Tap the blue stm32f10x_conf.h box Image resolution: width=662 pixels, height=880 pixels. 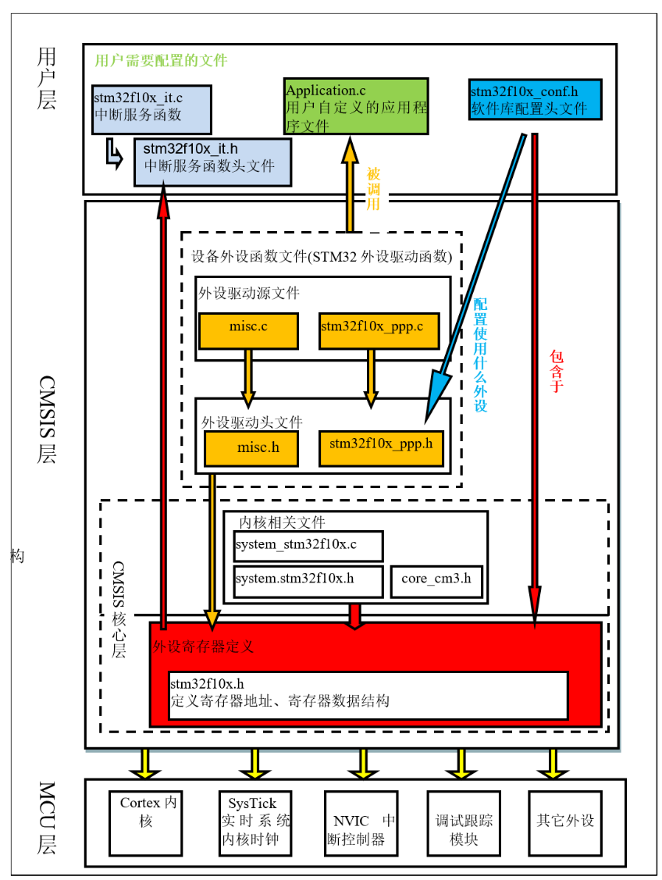(536, 100)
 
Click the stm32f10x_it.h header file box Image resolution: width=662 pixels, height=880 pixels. (212, 162)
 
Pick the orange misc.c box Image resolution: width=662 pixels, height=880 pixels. (248, 330)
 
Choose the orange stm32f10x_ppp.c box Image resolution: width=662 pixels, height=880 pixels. (379, 330)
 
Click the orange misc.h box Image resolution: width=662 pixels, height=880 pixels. (251, 448)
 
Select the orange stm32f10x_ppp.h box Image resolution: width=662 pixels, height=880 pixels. (381, 448)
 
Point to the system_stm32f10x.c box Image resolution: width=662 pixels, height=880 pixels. (308, 546)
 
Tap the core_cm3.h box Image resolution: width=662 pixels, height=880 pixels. (436, 581)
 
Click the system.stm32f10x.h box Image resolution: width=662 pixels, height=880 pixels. (308, 581)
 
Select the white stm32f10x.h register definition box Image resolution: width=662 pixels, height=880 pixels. (368, 694)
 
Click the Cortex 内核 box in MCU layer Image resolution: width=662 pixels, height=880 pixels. (149, 822)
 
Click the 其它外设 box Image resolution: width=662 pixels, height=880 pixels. (566, 822)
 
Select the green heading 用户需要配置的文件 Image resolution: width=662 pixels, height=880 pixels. (160, 60)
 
